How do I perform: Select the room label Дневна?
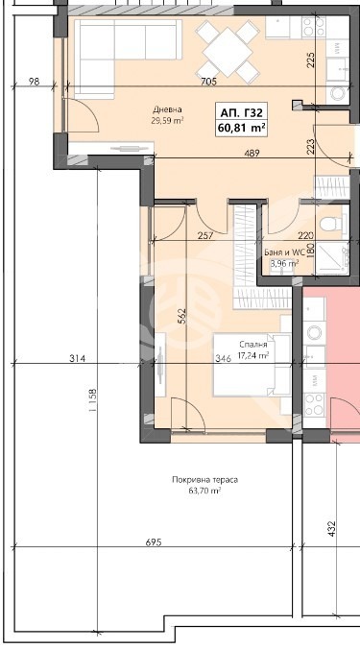click(x=167, y=109)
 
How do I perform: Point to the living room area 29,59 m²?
click(x=167, y=120)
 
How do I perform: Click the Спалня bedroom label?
click(x=253, y=345)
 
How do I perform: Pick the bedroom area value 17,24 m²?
click(x=253, y=354)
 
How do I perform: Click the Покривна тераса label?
click(x=204, y=480)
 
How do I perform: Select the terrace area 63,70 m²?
click(x=204, y=491)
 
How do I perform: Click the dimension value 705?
click(x=208, y=82)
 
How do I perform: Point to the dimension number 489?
click(x=252, y=154)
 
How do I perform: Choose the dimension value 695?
click(x=153, y=542)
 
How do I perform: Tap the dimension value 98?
click(x=34, y=82)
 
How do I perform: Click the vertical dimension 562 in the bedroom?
click(x=184, y=316)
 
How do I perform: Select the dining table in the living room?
click(x=228, y=52)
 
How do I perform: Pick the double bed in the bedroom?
click(x=252, y=366)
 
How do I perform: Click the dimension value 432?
click(x=331, y=529)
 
